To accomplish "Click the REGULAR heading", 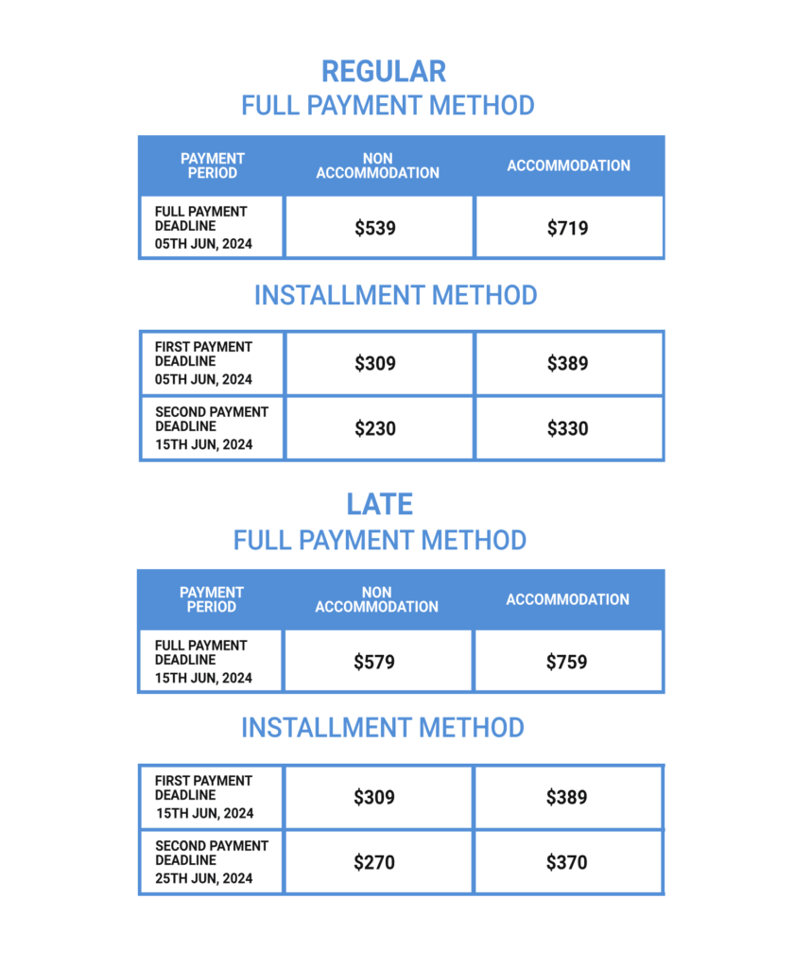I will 383,72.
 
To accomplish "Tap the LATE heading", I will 379,504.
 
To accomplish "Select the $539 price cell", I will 375,228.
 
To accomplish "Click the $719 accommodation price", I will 567,228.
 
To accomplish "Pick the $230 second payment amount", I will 375,429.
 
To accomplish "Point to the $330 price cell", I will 567,429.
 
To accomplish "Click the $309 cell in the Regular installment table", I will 375,363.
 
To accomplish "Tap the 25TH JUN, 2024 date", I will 204,878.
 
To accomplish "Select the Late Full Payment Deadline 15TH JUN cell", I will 211,662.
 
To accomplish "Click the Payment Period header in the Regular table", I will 213,166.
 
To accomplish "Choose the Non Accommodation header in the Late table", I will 376,600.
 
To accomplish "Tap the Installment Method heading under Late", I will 382,728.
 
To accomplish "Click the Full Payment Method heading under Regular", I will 388,105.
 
